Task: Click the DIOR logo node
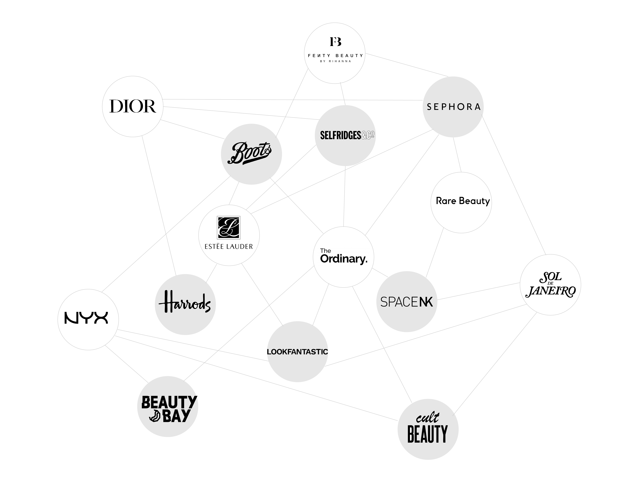[x=133, y=106]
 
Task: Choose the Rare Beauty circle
[x=461, y=202]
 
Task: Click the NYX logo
[x=86, y=318]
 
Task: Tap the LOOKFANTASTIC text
[x=297, y=352]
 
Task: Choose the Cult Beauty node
[x=428, y=430]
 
